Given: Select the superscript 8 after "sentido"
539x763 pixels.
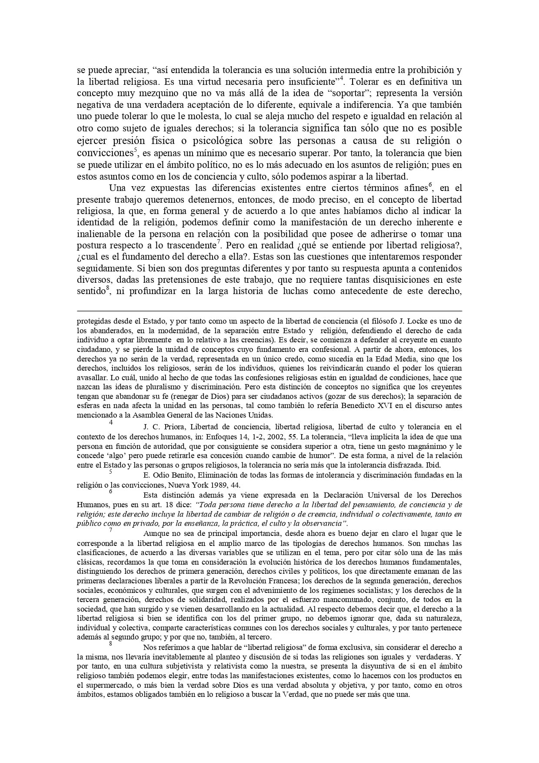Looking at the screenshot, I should tap(107, 288).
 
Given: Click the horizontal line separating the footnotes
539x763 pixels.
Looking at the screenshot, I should tap(269, 311).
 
